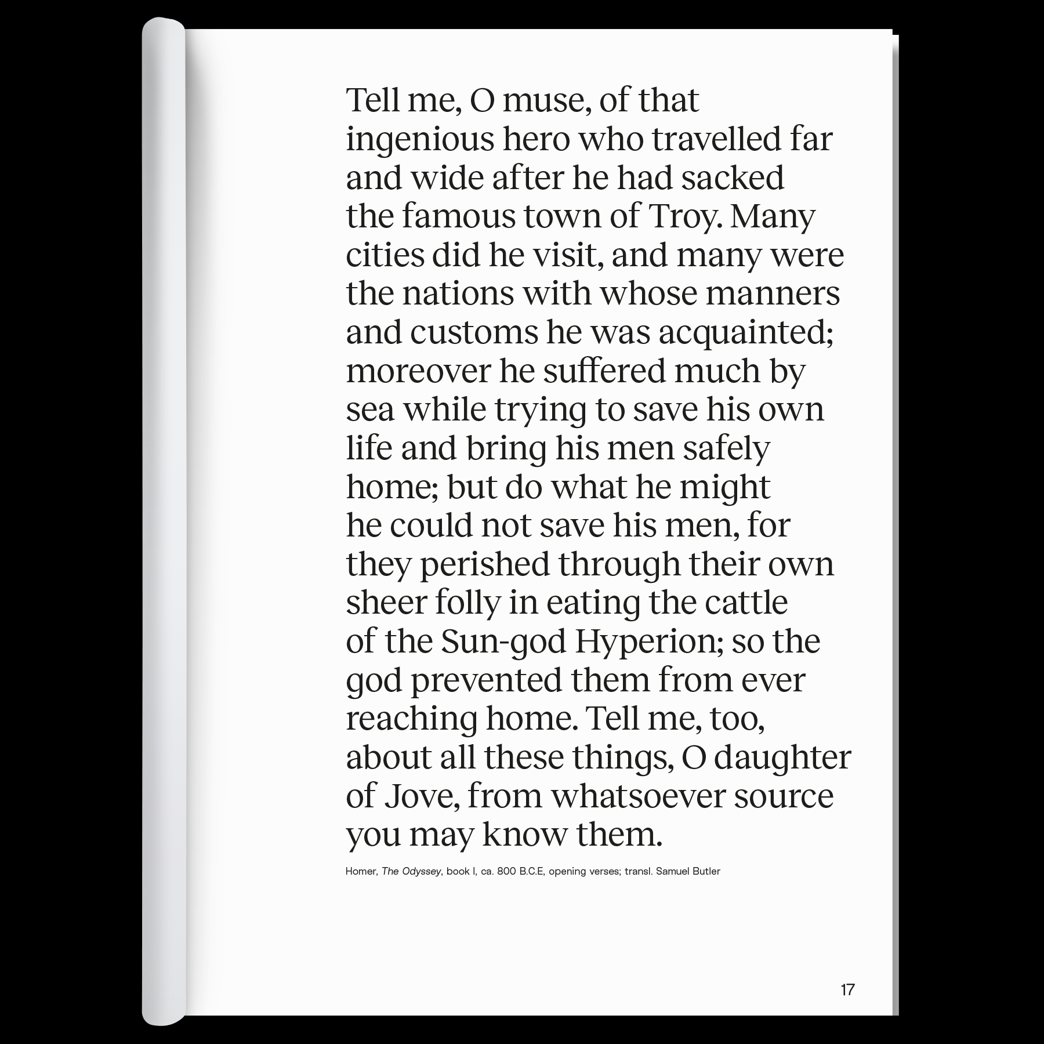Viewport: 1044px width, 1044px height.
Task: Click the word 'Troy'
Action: (x=684, y=217)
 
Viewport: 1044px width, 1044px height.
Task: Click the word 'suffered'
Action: (x=604, y=371)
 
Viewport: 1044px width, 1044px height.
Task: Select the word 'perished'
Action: (x=484, y=564)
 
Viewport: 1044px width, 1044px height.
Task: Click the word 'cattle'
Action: (x=746, y=603)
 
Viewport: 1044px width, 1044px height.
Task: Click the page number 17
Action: (x=847, y=989)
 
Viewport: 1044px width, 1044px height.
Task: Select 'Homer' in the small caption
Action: (x=361, y=871)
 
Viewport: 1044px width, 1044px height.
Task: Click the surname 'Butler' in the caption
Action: (x=706, y=871)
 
